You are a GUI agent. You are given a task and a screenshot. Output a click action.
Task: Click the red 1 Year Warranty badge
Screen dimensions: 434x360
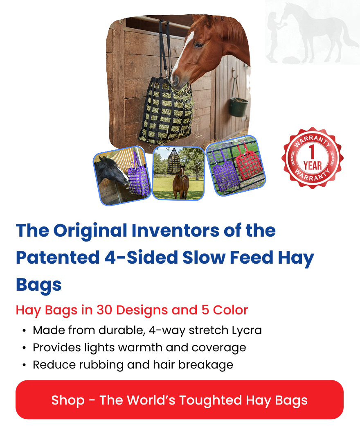tap(312, 158)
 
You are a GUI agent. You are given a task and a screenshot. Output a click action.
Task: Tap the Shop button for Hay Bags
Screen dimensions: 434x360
tap(180, 400)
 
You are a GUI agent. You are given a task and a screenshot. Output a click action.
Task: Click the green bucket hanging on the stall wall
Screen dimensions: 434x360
tap(238, 107)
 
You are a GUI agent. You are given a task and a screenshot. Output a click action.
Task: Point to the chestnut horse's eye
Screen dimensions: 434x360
tap(199, 43)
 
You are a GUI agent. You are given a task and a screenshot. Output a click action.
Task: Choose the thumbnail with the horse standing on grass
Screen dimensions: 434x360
tap(178, 173)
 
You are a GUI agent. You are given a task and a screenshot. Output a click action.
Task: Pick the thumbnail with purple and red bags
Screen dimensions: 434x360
tap(236, 165)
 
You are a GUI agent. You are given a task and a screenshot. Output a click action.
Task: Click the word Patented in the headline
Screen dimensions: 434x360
tap(55, 258)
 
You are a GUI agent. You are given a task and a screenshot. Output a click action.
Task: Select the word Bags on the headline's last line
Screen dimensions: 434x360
tap(39, 285)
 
